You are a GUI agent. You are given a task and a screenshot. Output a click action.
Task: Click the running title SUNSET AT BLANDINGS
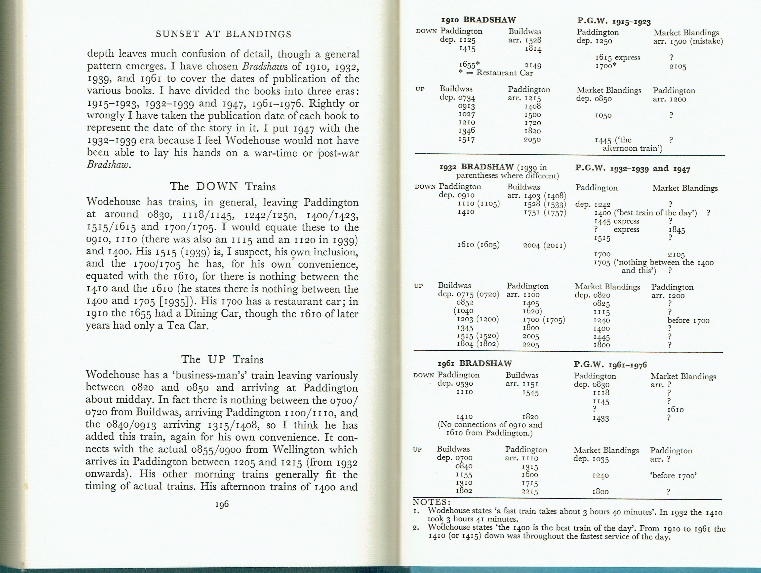pyautogui.click(x=224, y=34)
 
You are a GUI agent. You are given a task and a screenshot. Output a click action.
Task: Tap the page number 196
pyautogui.click(x=222, y=504)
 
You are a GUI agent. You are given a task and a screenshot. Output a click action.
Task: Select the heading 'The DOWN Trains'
pyautogui.click(x=223, y=187)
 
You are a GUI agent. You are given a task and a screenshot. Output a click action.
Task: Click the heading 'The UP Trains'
pyautogui.click(x=222, y=360)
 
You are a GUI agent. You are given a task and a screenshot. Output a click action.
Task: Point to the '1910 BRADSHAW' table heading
pyautogui.click(x=479, y=20)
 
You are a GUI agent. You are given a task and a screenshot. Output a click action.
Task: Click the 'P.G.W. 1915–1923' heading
pyautogui.click(x=614, y=21)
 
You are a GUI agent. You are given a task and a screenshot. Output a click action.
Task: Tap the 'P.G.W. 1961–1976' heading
pyautogui.click(x=610, y=365)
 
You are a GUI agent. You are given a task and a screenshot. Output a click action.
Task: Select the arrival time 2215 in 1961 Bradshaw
pyautogui.click(x=530, y=492)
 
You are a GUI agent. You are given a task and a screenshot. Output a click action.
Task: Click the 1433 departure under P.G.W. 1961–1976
pyautogui.click(x=601, y=418)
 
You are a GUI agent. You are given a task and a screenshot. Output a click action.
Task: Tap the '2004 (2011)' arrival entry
pyautogui.click(x=544, y=245)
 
